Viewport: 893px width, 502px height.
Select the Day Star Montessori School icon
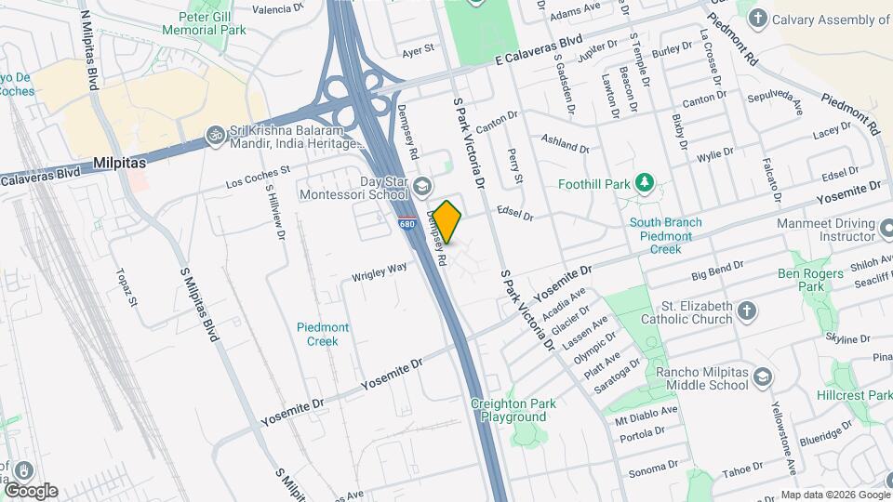coord(422,188)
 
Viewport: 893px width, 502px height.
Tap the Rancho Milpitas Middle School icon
coord(763,377)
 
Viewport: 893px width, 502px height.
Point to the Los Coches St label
coord(259,177)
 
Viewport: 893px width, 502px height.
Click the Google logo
coord(30,490)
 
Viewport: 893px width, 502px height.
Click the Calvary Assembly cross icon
coord(758,18)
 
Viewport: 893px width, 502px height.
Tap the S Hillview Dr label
coord(275,210)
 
